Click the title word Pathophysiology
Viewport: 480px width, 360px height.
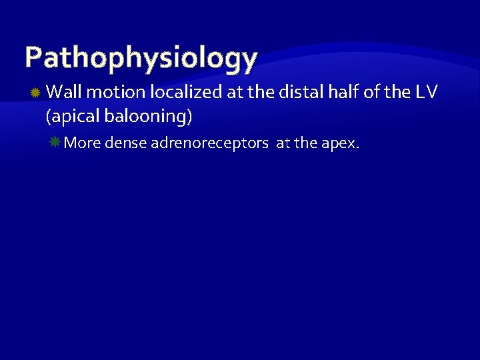pyautogui.click(x=141, y=58)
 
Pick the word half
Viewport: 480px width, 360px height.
pyautogui.click(x=343, y=92)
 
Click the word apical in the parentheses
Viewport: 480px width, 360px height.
pyautogui.click(x=71, y=117)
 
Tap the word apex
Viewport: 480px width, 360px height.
pyautogui.click(x=341, y=142)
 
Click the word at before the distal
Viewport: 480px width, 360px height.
pyautogui.click(x=233, y=92)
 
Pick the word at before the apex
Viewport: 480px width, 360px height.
pyautogui.click(x=283, y=142)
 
